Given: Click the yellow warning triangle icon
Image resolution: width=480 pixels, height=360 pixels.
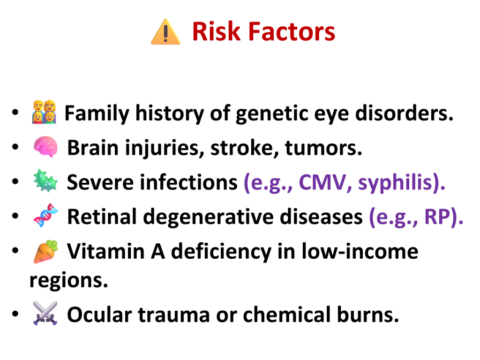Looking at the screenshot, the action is [165, 32].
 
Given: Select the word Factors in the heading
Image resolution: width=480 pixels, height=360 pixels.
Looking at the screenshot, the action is [292, 31].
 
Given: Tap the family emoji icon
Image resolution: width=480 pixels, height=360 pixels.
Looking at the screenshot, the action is [45, 112].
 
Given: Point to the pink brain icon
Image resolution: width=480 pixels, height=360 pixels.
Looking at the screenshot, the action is [45, 147].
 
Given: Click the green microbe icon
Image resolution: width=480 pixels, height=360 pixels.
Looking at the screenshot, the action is [45, 180].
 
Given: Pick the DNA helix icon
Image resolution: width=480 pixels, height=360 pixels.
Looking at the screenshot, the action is [45, 215].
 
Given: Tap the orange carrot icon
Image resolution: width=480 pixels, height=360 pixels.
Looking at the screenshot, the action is [45, 252].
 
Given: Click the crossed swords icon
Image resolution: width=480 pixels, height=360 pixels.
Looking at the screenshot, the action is [45, 313].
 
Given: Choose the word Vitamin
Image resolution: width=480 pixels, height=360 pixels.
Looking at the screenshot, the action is [106, 251].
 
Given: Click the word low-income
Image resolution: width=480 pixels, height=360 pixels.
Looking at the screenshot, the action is [360, 251].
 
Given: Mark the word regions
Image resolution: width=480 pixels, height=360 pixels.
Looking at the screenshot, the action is [69, 280].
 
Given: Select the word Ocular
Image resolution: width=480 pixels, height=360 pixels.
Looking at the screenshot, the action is [99, 315].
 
